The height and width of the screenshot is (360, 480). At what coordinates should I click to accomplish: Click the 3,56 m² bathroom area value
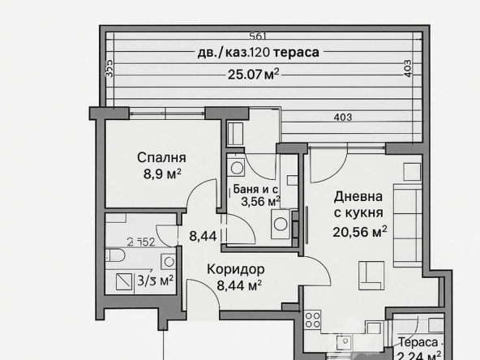[x=256, y=201]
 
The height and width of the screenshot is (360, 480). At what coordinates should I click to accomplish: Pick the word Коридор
[x=235, y=269]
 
